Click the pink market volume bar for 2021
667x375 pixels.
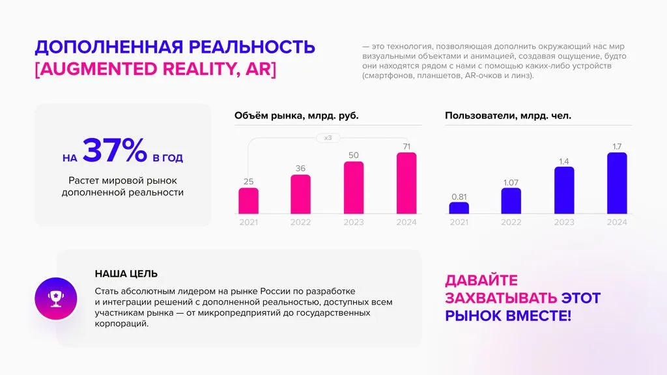[248, 201]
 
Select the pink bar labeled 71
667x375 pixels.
[406, 184]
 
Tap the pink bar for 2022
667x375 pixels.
[300, 195]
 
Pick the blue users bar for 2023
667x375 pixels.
[564, 191]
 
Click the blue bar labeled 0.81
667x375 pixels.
[459, 208]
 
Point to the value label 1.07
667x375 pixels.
[511, 182]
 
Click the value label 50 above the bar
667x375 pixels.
[353, 156]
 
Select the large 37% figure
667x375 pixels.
[115, 152]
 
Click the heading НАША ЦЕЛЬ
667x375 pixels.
[126, 274]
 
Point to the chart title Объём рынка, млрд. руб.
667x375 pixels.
[296, 116]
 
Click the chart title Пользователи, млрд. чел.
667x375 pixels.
[508, 116]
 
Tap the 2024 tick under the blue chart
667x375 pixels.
[616, 222]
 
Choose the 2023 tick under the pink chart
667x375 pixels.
[353, 222]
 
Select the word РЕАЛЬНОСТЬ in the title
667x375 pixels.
[251, 48]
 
